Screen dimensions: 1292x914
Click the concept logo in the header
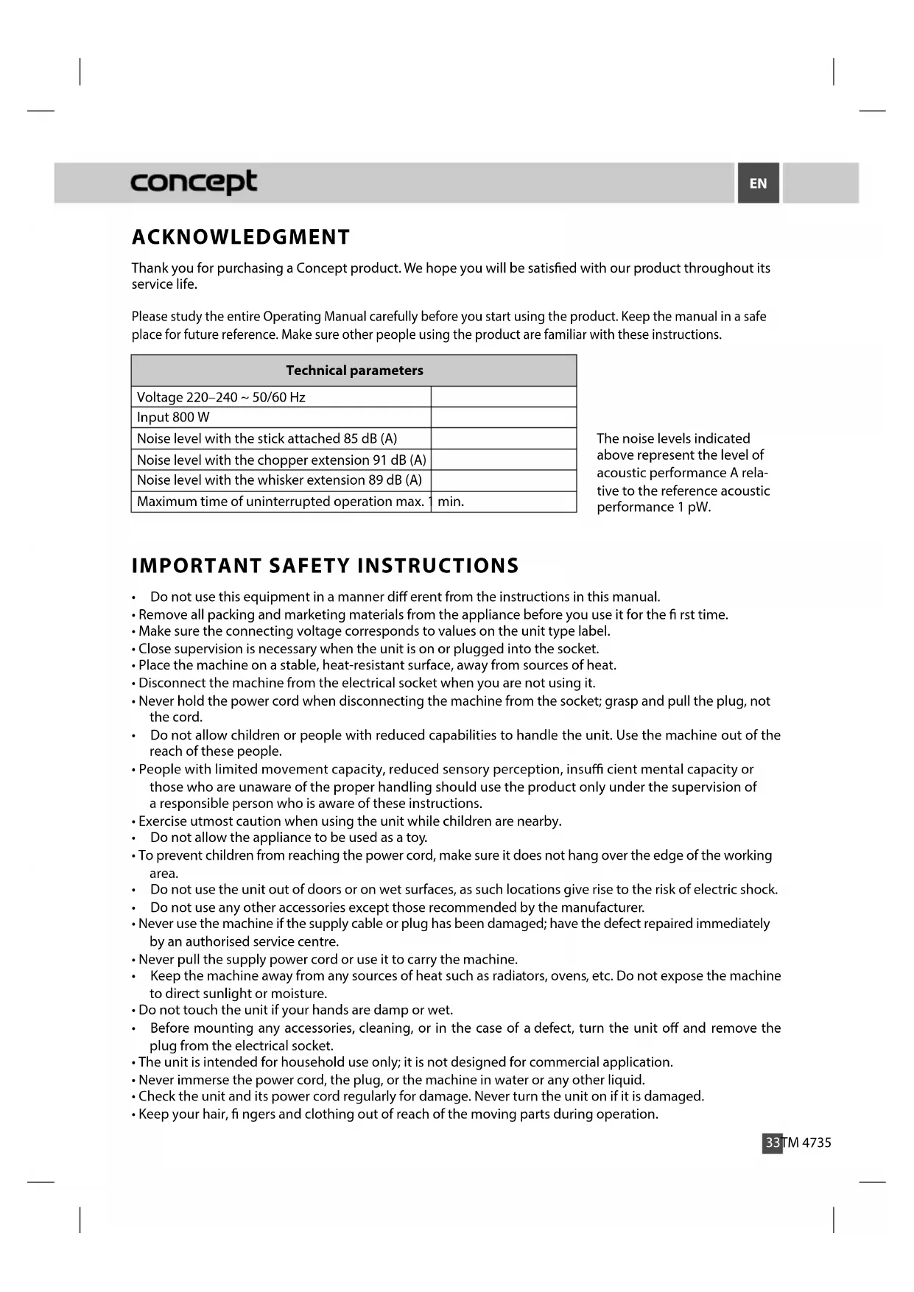pyautogui.click(x=194, y=181)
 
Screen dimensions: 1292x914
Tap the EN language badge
pyautogui.click(x=758, y=183)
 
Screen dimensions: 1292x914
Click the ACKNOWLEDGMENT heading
pyautogui.click(x=241, y=237)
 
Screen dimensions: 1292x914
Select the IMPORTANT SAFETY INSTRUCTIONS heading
pyautogui.click(x=325, y=566)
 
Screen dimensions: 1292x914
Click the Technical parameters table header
pyautogui.click(x=354, y=371)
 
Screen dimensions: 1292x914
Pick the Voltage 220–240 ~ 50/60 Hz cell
pyautogui.click(x=221, y=397)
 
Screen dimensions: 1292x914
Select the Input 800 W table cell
pyautogui.click(x=174, y=418)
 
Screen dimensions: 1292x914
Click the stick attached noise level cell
pyautogui.click(x=267, y=438)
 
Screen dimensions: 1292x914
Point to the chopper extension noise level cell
pyautogui.click(x=281, y=460)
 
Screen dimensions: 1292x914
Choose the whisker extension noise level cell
pyautogui.click(x=279, y=480)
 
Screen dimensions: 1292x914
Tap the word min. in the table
pyautogui.click(x=451, y=502)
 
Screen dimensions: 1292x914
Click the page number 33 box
pyautogui.click(x=772, y=1142)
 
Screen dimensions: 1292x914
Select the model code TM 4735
pyautogui.click(x=807, y=1142)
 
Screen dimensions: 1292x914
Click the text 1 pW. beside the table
pyautogui.click(x=694, y=508)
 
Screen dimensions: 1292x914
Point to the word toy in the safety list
pyautogui.click(x=415, y=838)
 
